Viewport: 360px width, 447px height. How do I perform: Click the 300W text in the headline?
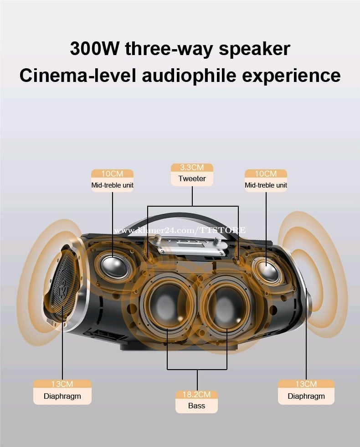coord(94,49)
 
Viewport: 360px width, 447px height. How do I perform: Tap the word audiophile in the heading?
coord(189,76)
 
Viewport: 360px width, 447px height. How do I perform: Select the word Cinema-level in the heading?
coord(77,76)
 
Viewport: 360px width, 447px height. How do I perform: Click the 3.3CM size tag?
coord(192,168)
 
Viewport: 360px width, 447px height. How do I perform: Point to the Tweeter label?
coord(192,178)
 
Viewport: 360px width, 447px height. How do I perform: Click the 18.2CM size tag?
coord(196,395)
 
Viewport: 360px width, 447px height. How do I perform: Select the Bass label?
coord(196,406)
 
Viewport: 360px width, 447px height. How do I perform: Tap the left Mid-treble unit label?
coord(112,185)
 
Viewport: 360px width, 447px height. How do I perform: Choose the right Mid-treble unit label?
coord(266,185)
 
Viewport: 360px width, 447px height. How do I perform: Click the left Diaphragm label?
coord(62,396)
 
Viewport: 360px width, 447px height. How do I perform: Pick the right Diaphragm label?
coord(306,396)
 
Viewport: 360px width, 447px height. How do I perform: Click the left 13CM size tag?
coord(62,384)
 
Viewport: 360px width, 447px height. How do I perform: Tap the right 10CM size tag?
coord(266,173)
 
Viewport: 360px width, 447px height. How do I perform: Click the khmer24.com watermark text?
coord(180,230)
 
